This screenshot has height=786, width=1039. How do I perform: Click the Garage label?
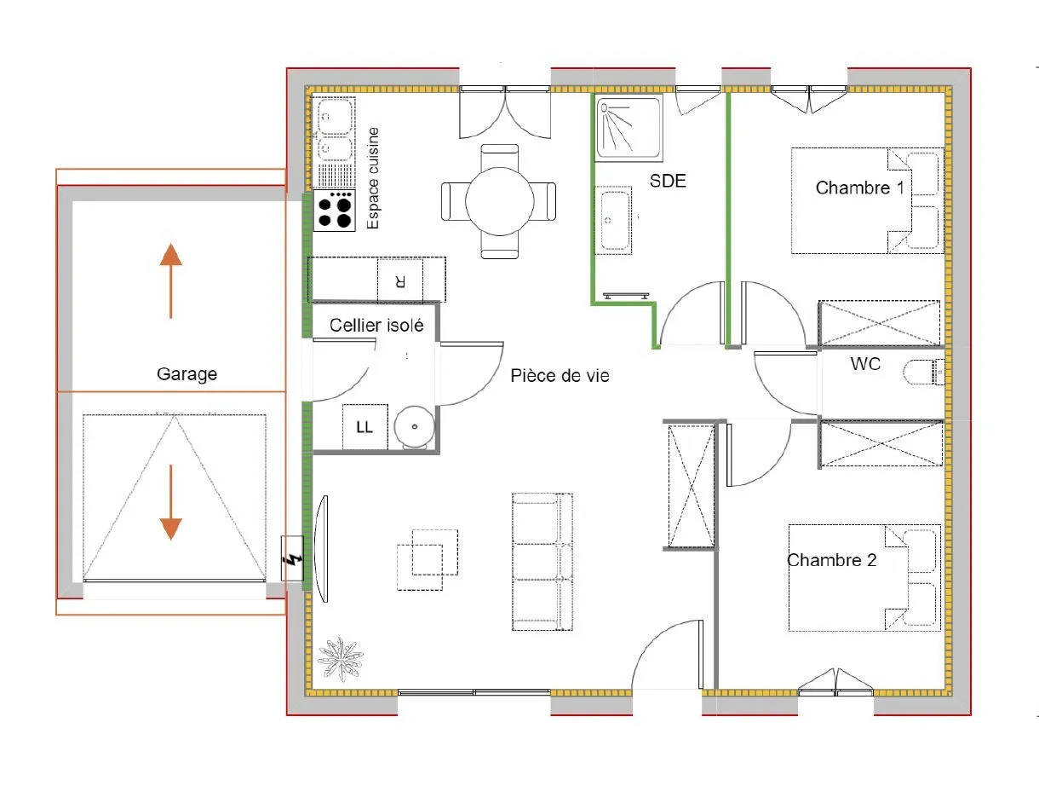point(187,374)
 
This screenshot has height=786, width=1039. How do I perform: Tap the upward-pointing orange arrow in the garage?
point(171,280)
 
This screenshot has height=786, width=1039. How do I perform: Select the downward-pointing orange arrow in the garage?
point(171,502)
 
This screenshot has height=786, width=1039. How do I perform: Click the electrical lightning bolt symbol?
point(293,560)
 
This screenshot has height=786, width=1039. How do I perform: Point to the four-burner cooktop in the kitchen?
point(334,211)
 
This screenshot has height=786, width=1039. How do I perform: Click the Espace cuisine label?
point(373,178)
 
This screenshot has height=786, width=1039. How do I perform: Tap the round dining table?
point(500,201)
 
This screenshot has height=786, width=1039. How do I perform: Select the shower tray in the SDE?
point(629,127)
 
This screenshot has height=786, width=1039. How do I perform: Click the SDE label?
point(668,181)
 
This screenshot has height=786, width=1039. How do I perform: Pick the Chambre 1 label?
point(860,188)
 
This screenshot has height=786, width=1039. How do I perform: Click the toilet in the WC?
point(923,372)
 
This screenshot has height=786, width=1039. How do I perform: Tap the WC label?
point(865,364)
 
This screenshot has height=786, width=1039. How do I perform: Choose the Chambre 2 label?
point(832,560)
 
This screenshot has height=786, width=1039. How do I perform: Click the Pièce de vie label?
point(560,376)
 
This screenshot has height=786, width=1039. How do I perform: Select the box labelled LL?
point(365,427)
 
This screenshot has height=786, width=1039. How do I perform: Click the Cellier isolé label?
point(376,326)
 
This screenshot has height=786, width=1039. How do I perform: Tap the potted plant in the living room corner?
point(341,659)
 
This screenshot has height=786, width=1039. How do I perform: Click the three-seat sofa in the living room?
point(542,562)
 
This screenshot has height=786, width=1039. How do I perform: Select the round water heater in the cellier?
point(415,427)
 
